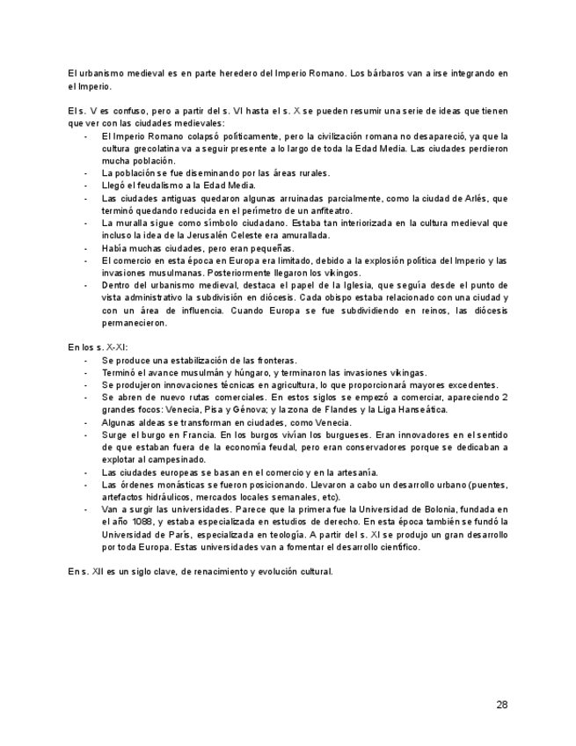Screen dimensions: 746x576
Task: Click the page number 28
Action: coord(501,704)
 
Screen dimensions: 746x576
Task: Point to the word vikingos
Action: coord(342,273)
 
